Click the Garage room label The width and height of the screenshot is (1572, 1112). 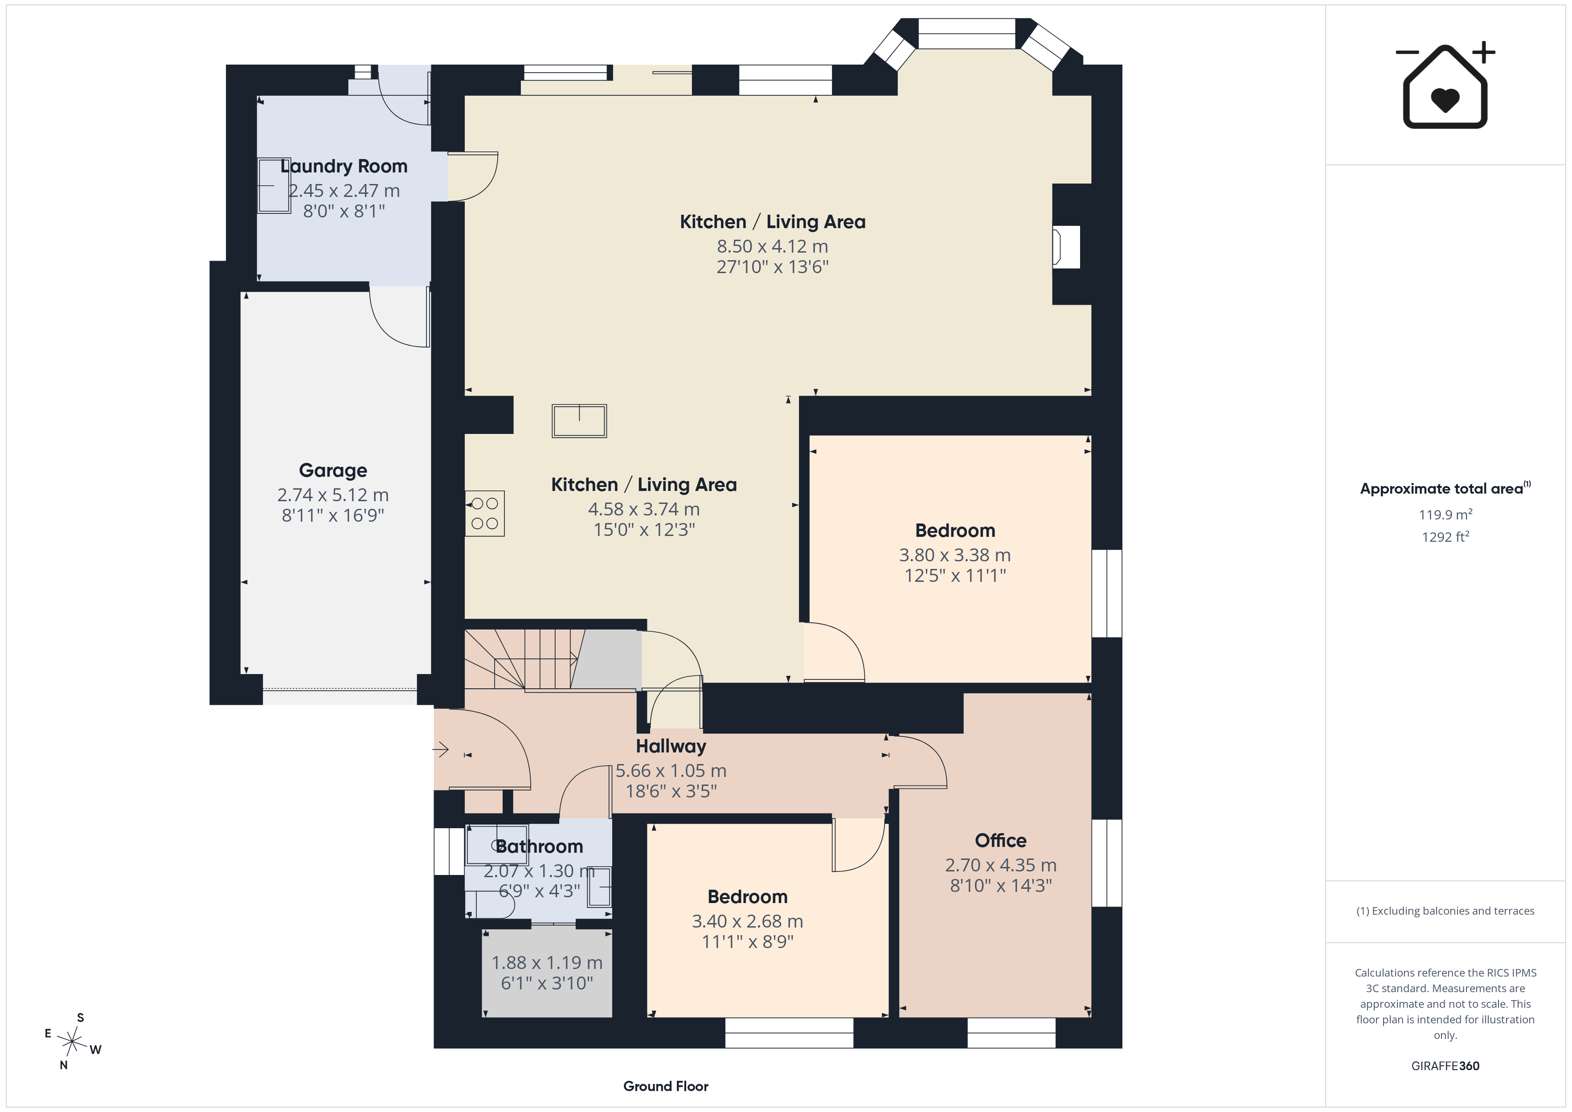coord(333,470)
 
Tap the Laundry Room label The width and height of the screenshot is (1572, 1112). coord(344,166)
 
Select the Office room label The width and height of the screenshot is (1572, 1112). coord(1000,840)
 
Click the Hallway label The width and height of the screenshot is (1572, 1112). coord(671,746)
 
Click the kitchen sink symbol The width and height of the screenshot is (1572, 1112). coord(579,421)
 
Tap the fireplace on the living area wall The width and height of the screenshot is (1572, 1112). coord(1066,246)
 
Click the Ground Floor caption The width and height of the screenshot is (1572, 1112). coord(666,1086)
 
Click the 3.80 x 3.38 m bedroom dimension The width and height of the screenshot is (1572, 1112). coord(954,555)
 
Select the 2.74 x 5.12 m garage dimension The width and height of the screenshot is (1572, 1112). coord(333,495)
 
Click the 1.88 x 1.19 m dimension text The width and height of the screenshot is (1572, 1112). coord(546,963)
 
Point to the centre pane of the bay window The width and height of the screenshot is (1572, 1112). coord(966,33)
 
